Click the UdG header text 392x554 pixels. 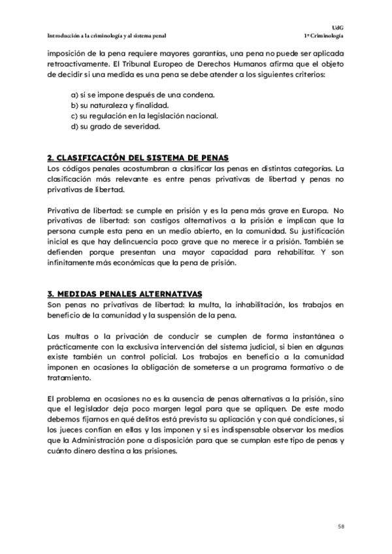pyautogui.click(x=338, y=27)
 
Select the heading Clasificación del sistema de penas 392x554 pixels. pyautogui.click(x=137, y=158)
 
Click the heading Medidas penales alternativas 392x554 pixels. pyautogui.click(x=125, y=293)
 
